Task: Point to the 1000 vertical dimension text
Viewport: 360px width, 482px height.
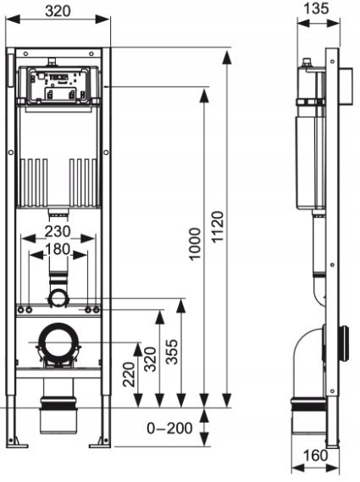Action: (x=196, y=244)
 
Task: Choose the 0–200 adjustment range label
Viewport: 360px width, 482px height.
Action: (x=169, y=429)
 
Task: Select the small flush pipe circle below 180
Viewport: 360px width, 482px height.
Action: (x=58, y=296)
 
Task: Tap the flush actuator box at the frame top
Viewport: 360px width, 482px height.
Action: (x=58, y=85)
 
